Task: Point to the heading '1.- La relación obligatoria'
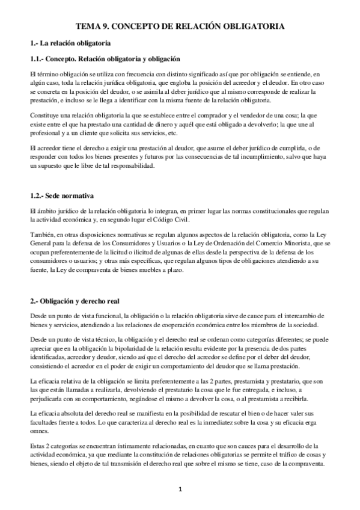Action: [x=70, y=44]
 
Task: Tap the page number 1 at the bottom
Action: [x=180, y=488]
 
